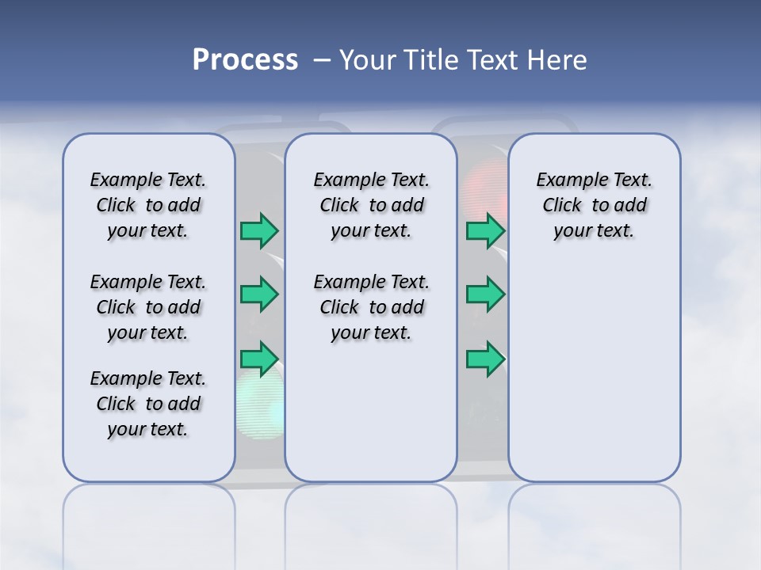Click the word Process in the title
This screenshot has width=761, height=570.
(x=245, y=60)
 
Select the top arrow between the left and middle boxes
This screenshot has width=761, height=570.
(x=259, y=230)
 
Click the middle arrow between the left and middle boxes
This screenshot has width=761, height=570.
(x=259, y=294)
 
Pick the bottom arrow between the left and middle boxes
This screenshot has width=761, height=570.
(x=259, y=359)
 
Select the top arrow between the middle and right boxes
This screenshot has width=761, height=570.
(x=485, y=230)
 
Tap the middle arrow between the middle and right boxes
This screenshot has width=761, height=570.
(x=485, y=294)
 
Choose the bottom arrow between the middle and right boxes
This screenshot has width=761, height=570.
(x=485, y=359)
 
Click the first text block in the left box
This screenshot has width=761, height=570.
(x=148, y=205)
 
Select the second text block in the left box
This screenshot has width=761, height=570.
(x=148, y=307)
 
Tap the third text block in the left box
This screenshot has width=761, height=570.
(x=148, y=404)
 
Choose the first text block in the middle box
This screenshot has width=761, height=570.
(x=371, y=205)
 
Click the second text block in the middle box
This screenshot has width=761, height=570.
(x=371, y=307)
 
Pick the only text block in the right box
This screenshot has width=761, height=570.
(x=594, y=205)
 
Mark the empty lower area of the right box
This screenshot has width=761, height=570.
(x=594, y=364)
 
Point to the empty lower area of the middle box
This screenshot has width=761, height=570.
(x=371, y=412)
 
